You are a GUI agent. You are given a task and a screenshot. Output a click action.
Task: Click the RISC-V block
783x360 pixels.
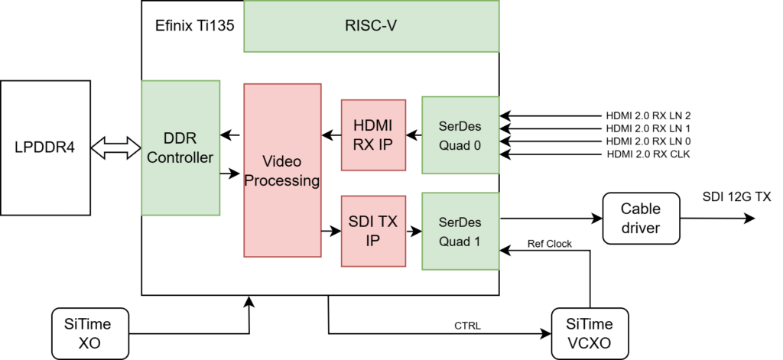[x=371, y=26]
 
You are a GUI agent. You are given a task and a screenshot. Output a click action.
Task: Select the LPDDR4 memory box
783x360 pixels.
[x=46, y=147]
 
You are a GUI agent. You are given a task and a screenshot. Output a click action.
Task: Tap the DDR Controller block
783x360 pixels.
[x=180, y=147]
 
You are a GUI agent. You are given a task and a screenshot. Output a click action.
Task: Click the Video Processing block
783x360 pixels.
[x=281, y=170]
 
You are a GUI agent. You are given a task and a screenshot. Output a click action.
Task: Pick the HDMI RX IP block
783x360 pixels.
[x=372, y=135]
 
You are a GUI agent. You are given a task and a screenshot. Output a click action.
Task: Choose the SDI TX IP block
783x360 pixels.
[x=372, y=231]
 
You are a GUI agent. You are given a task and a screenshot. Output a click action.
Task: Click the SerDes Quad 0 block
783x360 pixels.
[x=460, y=135]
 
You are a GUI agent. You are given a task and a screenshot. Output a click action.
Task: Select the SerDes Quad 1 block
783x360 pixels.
[x=460, y=231]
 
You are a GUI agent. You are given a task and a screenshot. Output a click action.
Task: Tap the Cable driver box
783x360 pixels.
[x=640, y=218]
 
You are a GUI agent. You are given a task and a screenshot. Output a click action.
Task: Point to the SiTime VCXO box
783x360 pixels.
[x=590, y=334]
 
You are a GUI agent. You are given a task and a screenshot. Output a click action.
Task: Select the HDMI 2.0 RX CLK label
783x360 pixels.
[x=648, y=155]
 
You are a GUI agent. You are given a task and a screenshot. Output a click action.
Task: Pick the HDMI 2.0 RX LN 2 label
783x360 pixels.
[x=648, y=115]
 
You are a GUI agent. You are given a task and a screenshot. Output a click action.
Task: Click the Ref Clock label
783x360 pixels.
[x=550, y=244]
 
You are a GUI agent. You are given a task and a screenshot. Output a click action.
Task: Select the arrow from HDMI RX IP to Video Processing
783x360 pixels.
[x=331, y=136]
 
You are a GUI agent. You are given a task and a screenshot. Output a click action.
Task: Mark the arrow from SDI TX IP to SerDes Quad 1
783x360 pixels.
[x=413, y=231]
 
